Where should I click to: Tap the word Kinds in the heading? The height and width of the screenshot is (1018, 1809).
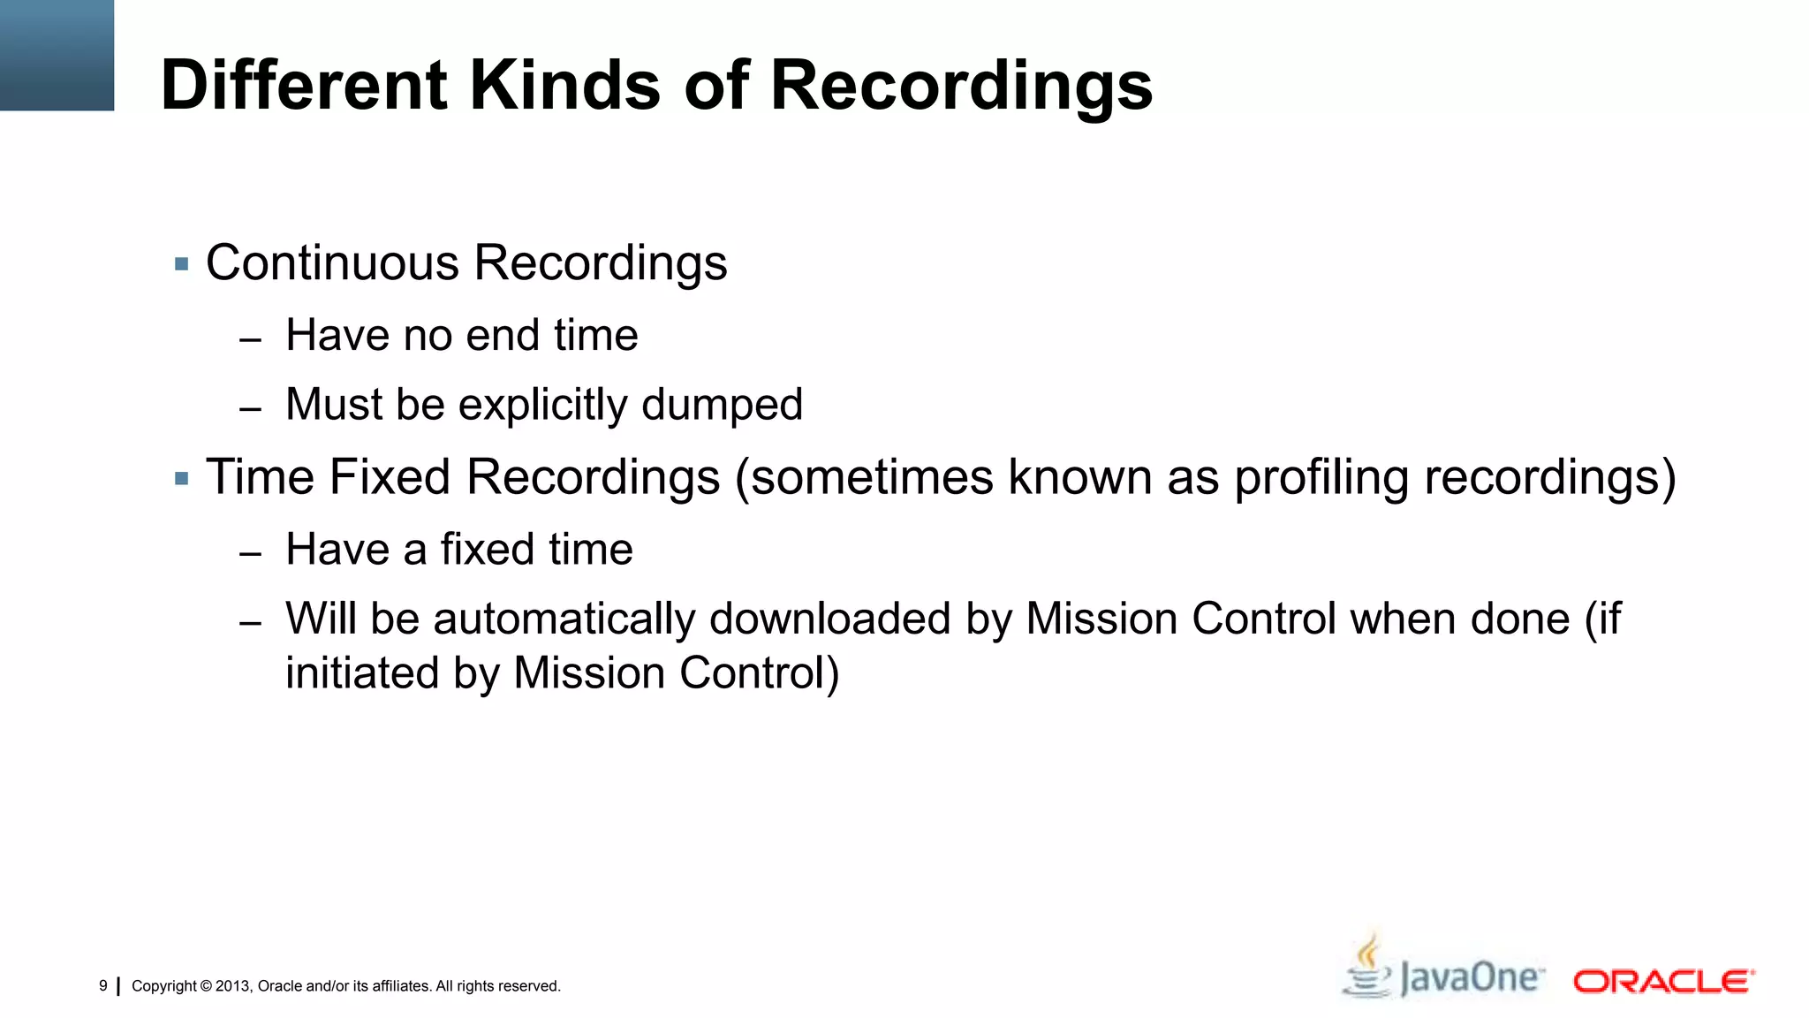pyautogui.click(x=564, y=86)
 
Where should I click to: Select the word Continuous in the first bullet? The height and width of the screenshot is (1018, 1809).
pyautogui.click(x=332, y=263)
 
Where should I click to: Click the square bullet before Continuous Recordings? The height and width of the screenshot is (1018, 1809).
pyautogui.click(x=182, y=264)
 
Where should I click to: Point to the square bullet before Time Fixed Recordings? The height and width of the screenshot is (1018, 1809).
pyautogui.click(x=182, y=479)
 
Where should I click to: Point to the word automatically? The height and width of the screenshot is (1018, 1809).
pyautogui.click(x=564, y=619)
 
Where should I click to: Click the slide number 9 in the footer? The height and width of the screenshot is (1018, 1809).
pyautogui.click(x=103, y=985)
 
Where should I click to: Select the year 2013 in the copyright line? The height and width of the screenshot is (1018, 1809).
pyautogui.click(x=233, y=986)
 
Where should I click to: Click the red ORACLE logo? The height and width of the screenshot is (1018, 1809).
pyautogui.click(x=1663, y=982)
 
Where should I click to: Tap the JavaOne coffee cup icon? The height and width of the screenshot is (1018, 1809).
pyautogui.click(x=1367, y=968)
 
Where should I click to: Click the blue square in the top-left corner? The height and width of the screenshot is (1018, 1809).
pyautogui.click(x=57, y=55)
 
